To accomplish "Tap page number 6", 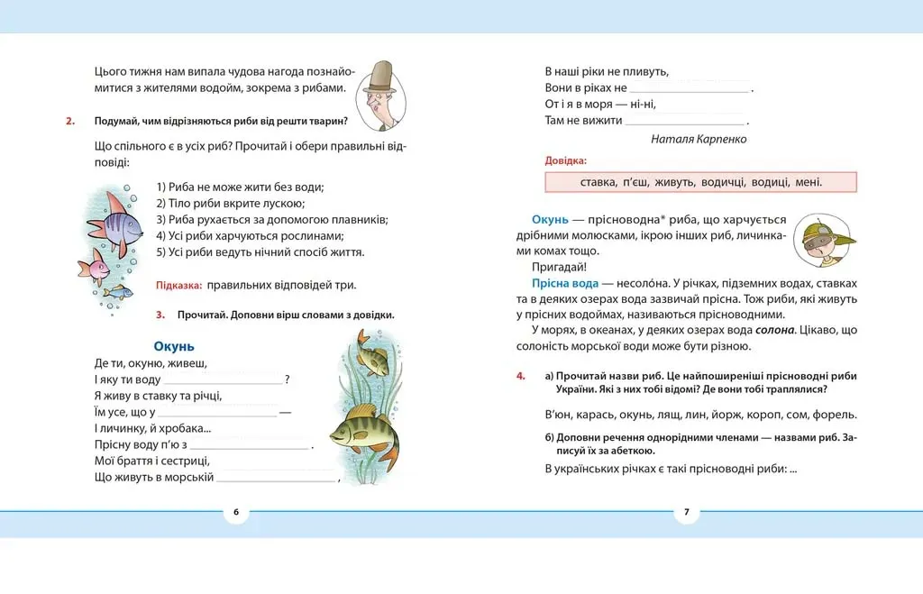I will click(235, 512).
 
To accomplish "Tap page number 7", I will click(686, 512).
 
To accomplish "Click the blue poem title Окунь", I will click(174, 346).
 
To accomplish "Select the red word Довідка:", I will click(565, 160).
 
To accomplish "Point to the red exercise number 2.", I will click(70, 121).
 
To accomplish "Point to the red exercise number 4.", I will click(521, 376).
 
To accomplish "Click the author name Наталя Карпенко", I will click(698, 139).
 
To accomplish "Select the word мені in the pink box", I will click(808, 182).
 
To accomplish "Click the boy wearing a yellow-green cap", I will click(825, 240).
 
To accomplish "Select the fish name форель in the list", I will click(836, 416).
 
